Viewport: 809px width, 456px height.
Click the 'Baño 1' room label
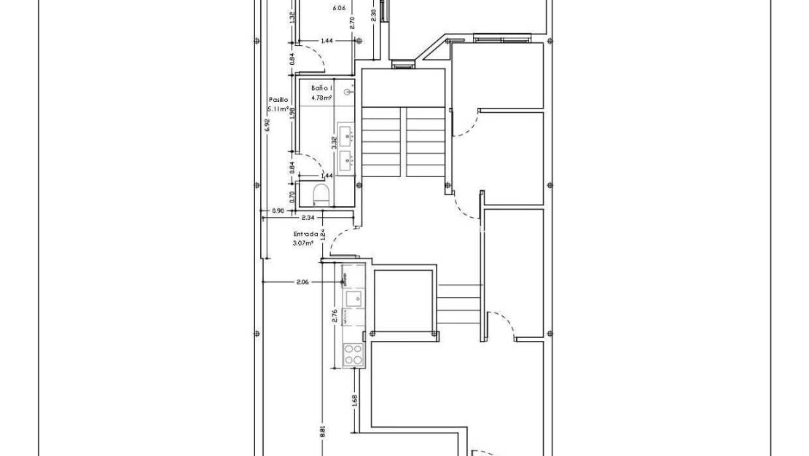[321, 87]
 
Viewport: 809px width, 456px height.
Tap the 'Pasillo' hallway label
[278, 100]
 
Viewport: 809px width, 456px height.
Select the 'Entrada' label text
[305, 234]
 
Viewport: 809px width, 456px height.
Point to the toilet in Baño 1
[320, 193]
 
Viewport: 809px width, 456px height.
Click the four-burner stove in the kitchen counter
[353, 355]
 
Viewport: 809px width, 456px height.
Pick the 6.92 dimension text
[267, 125]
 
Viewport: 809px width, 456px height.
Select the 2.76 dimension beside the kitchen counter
[335, 316]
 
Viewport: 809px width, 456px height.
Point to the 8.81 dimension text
[322, 431]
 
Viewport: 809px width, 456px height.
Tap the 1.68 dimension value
[354, 401]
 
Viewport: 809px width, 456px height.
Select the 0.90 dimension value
[278, 211]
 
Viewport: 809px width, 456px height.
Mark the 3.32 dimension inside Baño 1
[334, 142]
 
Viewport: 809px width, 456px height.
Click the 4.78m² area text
[321, 97]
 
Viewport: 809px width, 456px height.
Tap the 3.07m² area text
[303, 243]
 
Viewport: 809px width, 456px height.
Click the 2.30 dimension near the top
[374, 15]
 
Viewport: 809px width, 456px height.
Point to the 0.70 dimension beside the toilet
[292, 195]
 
